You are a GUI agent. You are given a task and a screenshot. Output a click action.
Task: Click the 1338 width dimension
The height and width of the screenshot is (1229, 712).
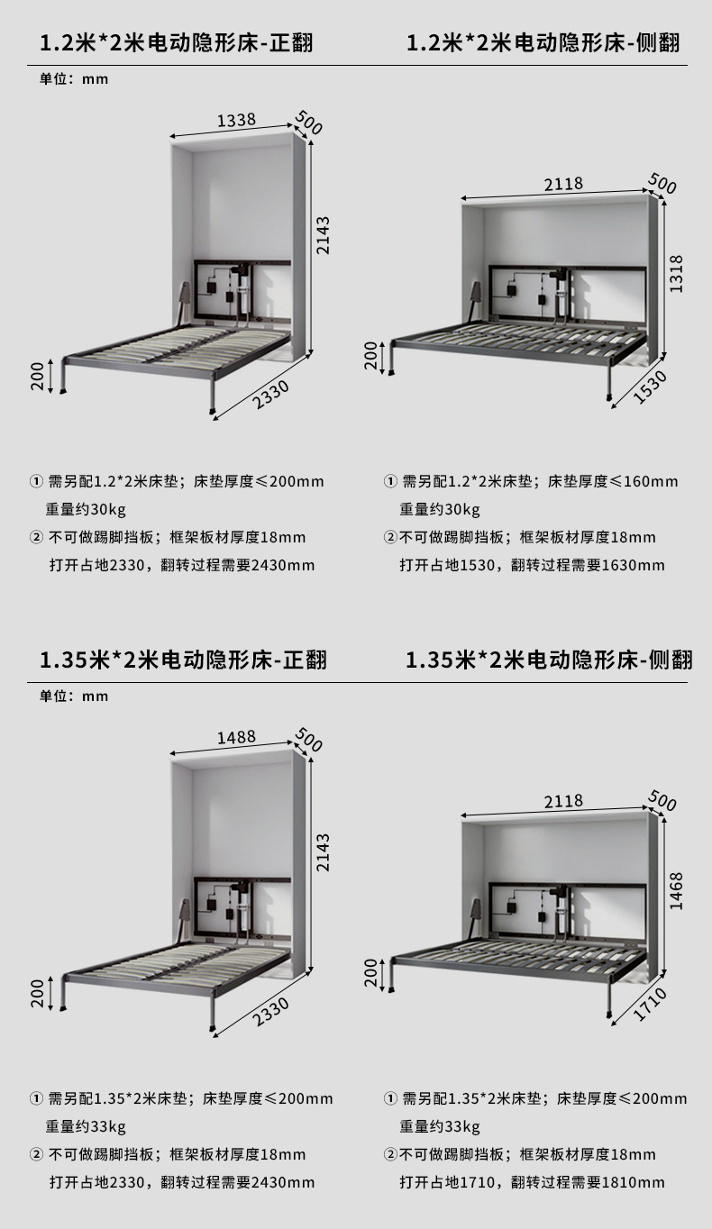pyautogui.click(x=236, y=120)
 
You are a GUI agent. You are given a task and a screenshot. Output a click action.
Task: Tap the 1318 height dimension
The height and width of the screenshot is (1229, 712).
pyautogui.click(x=677, y=274)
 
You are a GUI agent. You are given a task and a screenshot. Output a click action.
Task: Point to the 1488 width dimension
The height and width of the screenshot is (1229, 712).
pyautogui.click(x=236, y=737)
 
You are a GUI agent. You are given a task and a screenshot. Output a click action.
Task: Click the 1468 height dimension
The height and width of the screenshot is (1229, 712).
pyautogui.click(x=677, y=890)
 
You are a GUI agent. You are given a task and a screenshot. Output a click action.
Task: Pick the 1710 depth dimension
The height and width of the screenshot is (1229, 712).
pyautogui.click(x=650, y=1004)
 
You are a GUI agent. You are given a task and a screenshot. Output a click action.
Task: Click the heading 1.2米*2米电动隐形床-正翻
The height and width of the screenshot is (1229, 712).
pyautogui.click(x=177, y=42)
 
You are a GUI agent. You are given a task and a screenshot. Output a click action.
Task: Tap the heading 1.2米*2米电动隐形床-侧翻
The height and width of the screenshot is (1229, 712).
pyautogui.click(x=543, y=42)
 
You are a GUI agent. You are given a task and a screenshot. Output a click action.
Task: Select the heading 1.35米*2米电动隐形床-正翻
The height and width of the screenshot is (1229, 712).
pyautogui.click(x=183, y=660)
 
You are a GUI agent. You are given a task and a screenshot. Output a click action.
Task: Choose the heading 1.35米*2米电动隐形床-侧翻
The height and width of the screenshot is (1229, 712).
pyautogui.click(x=549, y=660)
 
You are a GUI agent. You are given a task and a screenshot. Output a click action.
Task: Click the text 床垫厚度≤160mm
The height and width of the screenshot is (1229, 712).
pyautogui.click(x=613, y=481)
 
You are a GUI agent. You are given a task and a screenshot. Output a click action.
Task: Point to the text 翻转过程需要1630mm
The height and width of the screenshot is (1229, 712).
pyautogui.click(x=588, y=565)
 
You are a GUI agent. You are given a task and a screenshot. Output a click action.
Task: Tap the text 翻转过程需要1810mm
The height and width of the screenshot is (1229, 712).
pyautogui.click(x=588, y=1182)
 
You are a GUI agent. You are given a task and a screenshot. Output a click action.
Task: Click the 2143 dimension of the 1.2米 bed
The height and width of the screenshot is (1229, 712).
pyautogui.click(x=324, y=235)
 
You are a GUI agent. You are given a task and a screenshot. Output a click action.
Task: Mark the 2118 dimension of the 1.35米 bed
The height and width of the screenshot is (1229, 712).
pyautogui.click(x=563, y=800)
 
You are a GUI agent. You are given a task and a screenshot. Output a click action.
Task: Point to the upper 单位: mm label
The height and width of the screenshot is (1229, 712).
pyautogui.click(x=74, y=79)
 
